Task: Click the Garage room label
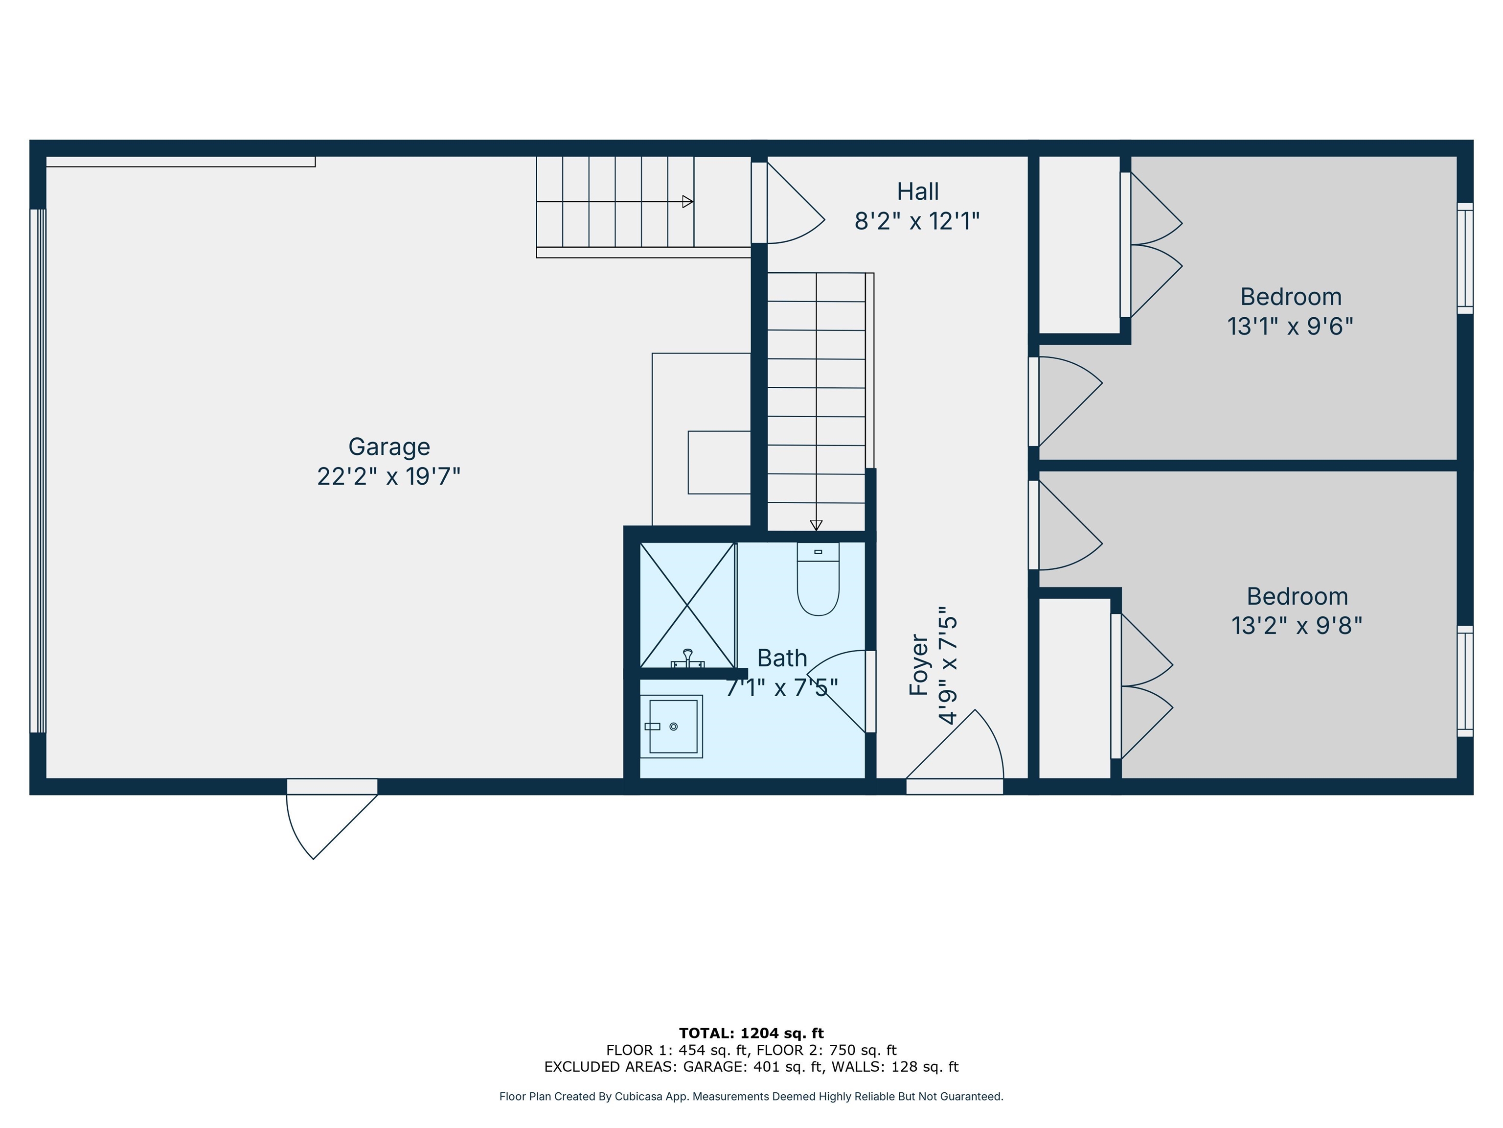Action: click(389, 446)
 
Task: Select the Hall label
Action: click(918, 192)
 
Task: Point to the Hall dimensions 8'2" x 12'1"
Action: click(917, 221)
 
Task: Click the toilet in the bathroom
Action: click(818, 578)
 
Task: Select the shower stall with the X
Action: click(687, 605)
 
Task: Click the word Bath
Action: click(782, 658)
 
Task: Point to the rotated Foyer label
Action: click(919, 665)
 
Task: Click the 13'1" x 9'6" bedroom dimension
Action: click(1290, 327)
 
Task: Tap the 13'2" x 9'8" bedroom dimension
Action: click(1297, 626)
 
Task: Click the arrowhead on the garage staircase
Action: click(687, 202)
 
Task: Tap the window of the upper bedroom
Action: click(1465, 258)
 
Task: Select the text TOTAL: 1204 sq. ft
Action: click(751, 1034)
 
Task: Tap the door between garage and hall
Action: click(788, 203)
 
